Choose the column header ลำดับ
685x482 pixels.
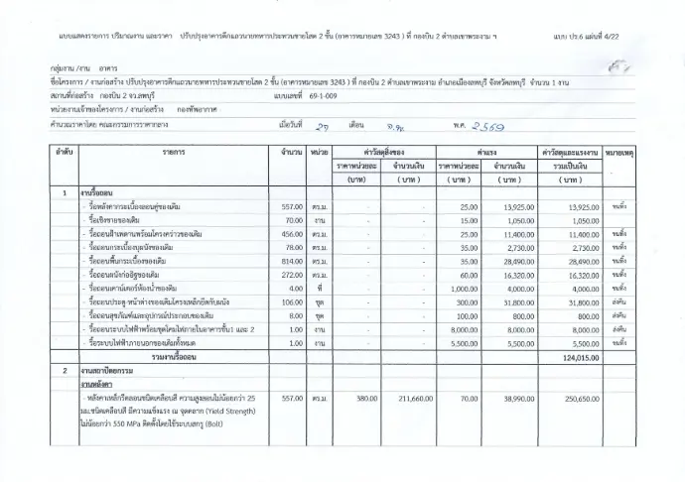[x=65, y=155]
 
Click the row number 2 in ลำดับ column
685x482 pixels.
[x=65, y=369]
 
